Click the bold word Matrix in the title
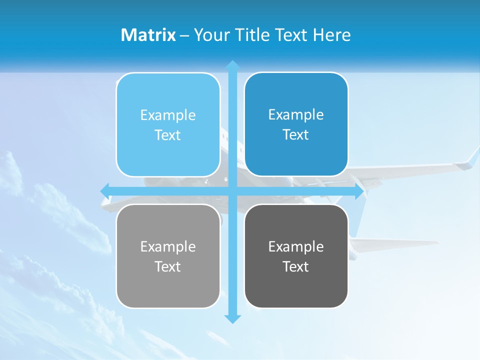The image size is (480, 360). [x=148, y=35]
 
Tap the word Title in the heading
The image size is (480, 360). [x=253, y=35]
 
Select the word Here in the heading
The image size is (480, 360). [x=331, y=35]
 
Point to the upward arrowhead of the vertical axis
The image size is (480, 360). [x=232, y=65]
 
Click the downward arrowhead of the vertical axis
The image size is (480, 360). [x=232, y=318]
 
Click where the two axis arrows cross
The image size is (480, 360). [x=232, y=191]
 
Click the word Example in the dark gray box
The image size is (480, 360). [x=296, y=246]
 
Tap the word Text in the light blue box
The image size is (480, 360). [x=167, y=135]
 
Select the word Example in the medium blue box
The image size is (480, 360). [x=296, y=114]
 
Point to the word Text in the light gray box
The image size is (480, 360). [x=167, y=267]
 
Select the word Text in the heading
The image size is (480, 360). [x=291, y=35]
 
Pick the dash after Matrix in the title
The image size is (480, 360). [x=184, y=35]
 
